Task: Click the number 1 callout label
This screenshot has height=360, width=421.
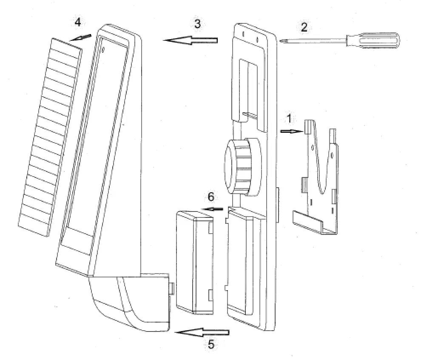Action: (x=289, y=119)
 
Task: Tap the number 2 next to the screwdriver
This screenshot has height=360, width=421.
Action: (x=304, y=27)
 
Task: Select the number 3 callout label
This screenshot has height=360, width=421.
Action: (x=197, y=24)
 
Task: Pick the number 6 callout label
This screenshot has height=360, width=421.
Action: (x=211, y=197)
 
